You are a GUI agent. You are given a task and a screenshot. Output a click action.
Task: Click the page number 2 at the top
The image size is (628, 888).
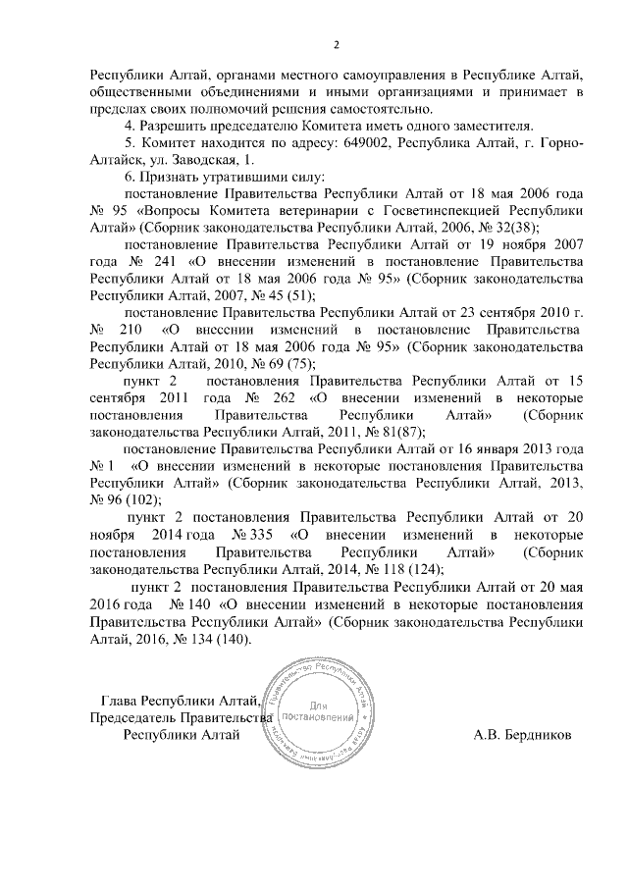click(x=337, y=45)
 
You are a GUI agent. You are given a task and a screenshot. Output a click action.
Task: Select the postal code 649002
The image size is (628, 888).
click(x=369, y=142)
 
